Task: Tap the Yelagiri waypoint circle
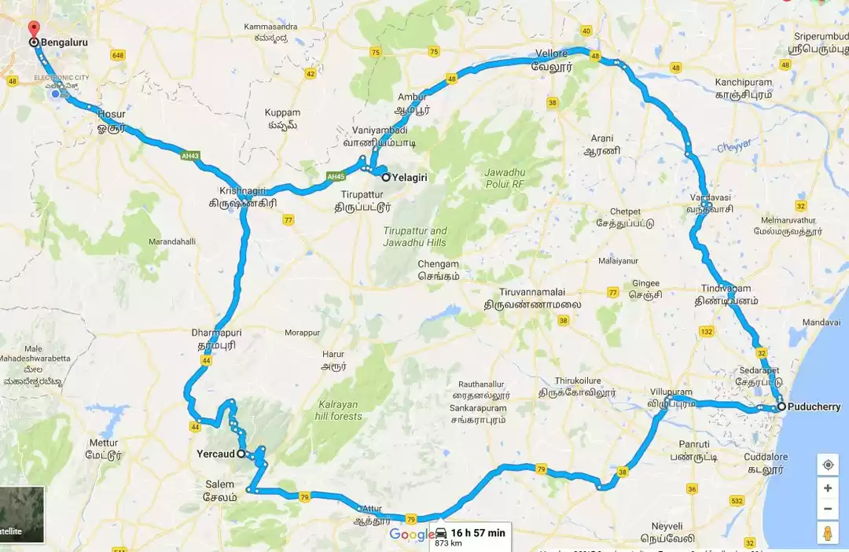386,178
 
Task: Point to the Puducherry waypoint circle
781,407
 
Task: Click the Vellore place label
551,53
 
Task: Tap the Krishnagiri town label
243,191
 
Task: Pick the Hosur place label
111,114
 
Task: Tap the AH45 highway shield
336,175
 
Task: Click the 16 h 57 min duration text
478,532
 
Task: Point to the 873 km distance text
448,543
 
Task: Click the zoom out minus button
828,510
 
